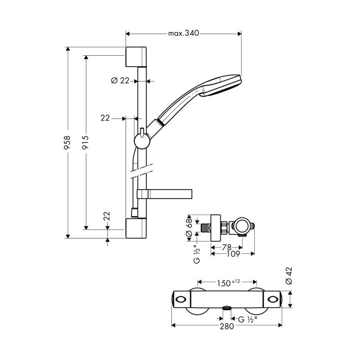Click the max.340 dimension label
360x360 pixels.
(x=184, y=33)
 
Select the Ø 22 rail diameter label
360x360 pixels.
(x=120, y=81)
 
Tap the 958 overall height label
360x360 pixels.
(x=68, y=143)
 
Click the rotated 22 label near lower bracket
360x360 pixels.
(x=107, y=216)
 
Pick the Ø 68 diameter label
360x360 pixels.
(x=189, y=223)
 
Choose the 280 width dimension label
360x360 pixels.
(x=226, y=326)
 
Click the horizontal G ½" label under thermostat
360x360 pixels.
(x=247, y=319)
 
